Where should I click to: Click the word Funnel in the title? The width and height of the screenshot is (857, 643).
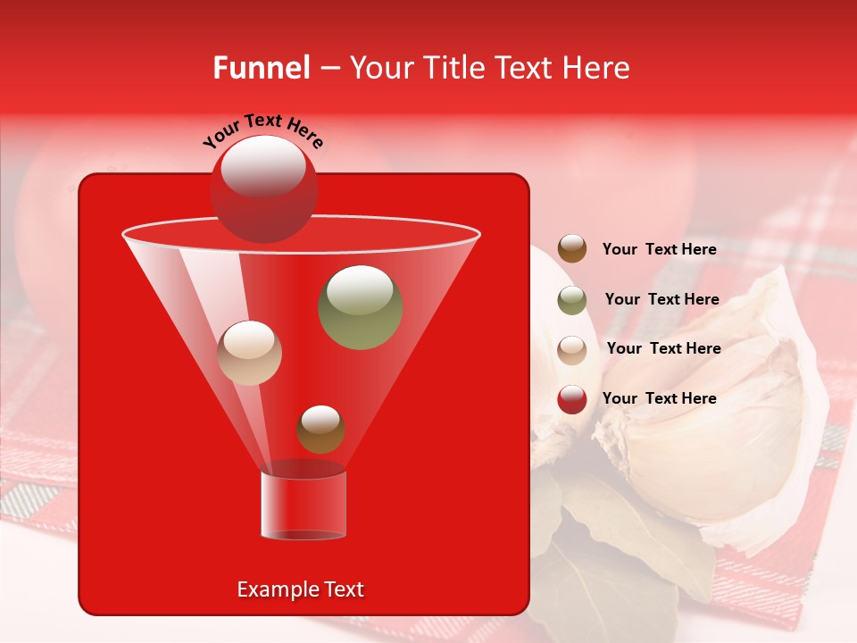[x=261, y=68]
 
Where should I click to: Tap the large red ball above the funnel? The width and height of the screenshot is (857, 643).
[x=263, y=188]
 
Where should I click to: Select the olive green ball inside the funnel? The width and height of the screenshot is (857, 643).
[x=361, y=307]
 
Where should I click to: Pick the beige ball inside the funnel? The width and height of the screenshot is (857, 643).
[x=249, y=353]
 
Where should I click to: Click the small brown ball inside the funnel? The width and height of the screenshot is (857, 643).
[x=320, y=429]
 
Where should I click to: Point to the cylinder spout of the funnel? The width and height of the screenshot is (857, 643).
[x=304, y=505]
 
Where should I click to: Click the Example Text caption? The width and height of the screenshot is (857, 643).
[x=300, y=589]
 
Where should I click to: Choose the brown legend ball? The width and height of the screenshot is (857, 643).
[x=572, y=249]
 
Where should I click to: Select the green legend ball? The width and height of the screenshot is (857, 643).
[x=572, y=300]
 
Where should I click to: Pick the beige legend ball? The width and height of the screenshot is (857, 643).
[x=572, y=349]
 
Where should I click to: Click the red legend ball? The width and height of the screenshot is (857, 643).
[x=572, y=399]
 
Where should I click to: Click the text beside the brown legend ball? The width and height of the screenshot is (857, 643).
[x=659, y=250]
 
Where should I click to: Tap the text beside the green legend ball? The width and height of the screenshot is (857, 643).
[x=661, y=299]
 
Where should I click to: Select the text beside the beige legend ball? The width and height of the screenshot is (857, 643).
[x=663, y=348]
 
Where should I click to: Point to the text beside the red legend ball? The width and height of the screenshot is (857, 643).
[x=659, y=398]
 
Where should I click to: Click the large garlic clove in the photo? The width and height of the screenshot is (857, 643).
[x=714, y=420]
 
